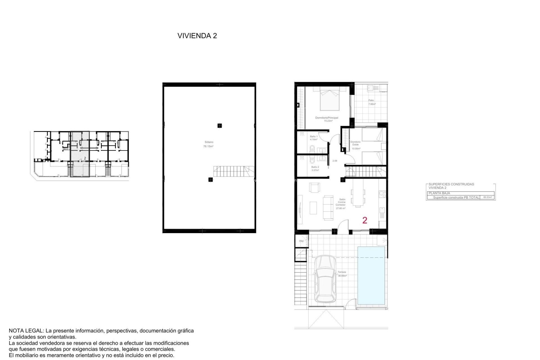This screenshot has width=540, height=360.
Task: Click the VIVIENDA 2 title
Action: [x=197, y=36]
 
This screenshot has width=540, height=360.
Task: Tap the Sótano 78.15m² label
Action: [x=208, y=144]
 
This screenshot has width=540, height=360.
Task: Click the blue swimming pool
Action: [x=371, y=275]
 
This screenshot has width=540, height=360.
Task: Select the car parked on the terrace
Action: [x=325, y=279]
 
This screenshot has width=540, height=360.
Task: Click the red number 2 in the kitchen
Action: [x=365, y=220]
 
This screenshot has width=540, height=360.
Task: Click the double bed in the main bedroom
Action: [x=329, y=99]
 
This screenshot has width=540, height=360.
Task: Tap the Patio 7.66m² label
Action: [x=372, y=102]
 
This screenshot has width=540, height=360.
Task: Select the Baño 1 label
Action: [x=314, y=138]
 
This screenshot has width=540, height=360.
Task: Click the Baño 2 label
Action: [x=315, y=168]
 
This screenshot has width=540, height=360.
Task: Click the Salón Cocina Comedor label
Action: [x=341, y=204]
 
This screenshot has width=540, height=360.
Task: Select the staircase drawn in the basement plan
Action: [x=233, y=171]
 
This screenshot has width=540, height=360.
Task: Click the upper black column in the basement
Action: [x=220, y=126]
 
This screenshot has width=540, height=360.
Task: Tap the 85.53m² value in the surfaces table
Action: [x=487, y=197]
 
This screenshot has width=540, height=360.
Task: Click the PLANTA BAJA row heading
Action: [x=439, y=193]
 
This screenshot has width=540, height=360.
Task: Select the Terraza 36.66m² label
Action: [x=342, y=274]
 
